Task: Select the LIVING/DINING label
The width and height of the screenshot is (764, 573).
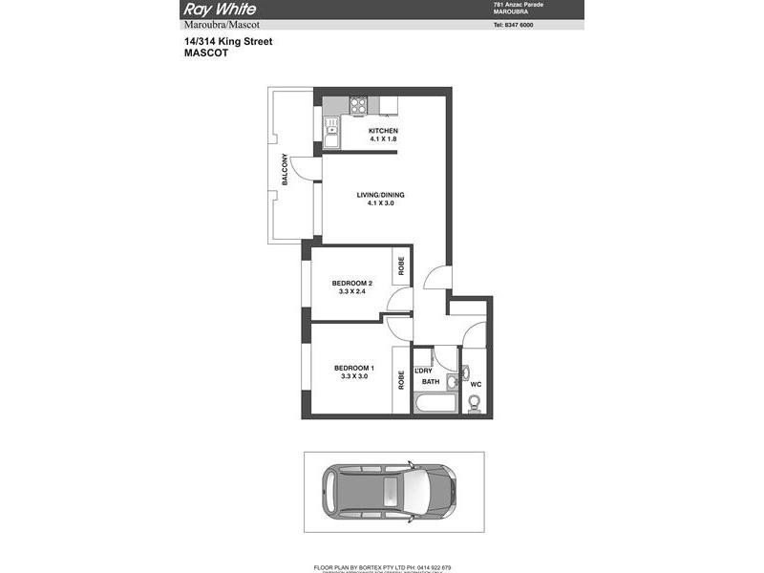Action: coord(381,195)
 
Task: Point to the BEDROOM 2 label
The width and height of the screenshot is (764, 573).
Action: coord(352,283)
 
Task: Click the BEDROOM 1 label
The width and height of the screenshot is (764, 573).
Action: coord(352,368)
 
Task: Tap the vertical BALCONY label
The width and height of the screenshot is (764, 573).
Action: coord(285,170)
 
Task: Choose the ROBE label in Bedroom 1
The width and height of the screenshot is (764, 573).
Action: coord(401,379)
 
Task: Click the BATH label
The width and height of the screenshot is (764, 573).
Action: coord(431,382)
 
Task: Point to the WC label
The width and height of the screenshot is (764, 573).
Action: coord(475,386)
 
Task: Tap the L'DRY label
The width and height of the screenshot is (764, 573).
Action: coord(424,371)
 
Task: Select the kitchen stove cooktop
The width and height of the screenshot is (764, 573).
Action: coord(358,104)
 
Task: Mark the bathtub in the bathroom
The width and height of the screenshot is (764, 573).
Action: coord(435,404)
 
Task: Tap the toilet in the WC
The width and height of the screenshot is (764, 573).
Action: coord(471,402)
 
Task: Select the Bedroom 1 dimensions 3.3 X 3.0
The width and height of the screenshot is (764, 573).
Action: coord(352,376)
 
